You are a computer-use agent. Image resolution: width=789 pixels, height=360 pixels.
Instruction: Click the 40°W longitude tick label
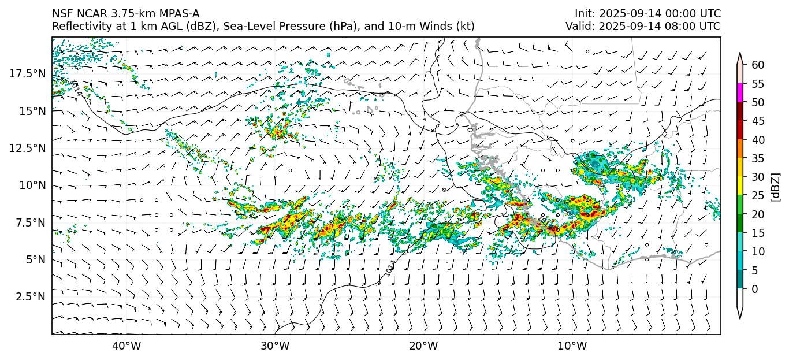tap(126, 346)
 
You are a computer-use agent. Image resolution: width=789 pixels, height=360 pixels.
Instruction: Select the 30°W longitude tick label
tap(275, 346)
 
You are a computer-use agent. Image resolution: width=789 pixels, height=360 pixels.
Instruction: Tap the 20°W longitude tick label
tap(423, 346)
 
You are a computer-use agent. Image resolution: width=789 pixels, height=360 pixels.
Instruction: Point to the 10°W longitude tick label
tap(572, 346)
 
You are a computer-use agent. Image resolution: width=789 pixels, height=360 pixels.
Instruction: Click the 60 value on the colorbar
tap(758, 65)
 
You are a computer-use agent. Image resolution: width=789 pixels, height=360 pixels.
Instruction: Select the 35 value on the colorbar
tap(758, 158)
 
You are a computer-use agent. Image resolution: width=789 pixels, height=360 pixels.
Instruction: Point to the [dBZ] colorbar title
tap(776, 186)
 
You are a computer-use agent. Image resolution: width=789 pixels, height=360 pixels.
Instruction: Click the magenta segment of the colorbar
tap(740, 93)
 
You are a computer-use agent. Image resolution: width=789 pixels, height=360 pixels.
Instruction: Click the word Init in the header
tap(584, 13)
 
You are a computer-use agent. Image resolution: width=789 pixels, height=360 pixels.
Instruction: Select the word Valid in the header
tap(578, 26)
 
